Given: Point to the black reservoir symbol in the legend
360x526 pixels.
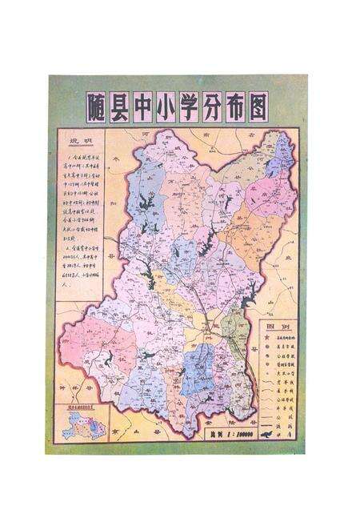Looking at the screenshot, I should tap(267, 435).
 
